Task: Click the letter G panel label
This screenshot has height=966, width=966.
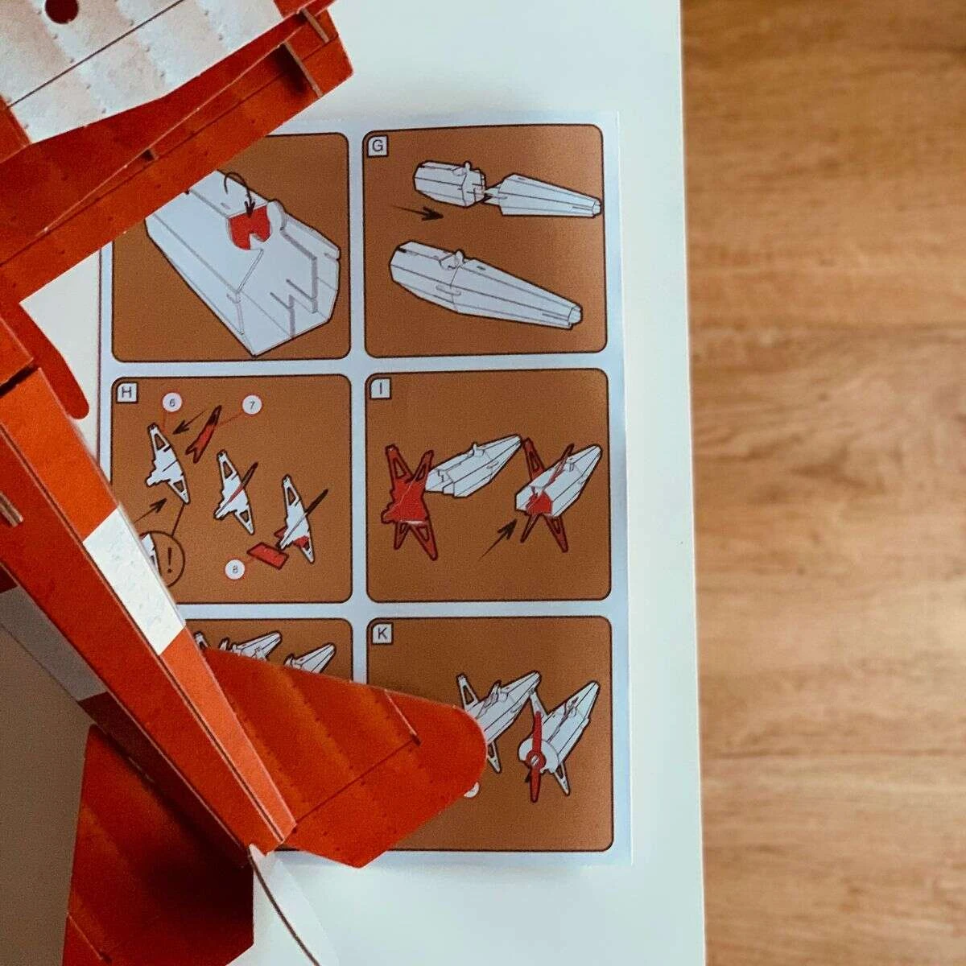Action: click(x=378, y=146)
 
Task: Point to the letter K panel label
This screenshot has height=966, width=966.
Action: click(x=382, y=634)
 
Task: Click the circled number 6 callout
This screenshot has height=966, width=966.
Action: click(x=171, y=402)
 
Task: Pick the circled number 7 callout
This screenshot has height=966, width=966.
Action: click(x=252, y=405)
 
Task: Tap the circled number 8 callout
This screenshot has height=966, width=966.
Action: click(x=234, y=569)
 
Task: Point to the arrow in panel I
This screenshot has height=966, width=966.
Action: click(x=497, y=539)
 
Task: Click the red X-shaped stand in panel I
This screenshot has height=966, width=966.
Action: click(x=409, y=502)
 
